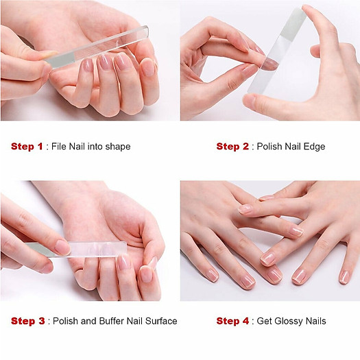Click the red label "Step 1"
(27, 146)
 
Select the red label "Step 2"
(232, 146)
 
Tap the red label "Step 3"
(27, 321)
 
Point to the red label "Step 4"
(232, 321)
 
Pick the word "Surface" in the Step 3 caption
(161, 321)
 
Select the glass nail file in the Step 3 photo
(82, 249)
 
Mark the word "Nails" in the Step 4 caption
(315, 321)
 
